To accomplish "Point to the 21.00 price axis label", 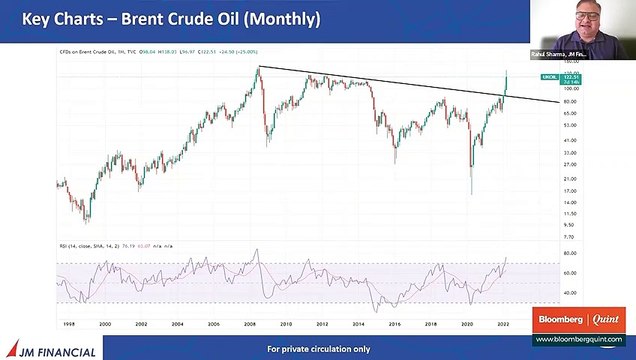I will [x=543, y=179].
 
